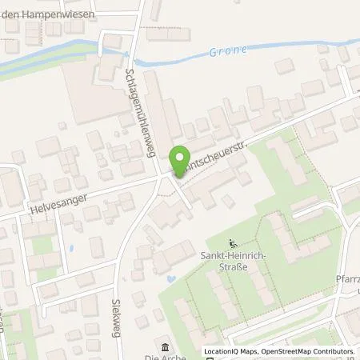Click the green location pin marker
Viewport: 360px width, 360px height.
point(181,158)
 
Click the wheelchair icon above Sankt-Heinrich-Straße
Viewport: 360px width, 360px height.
point(232,243)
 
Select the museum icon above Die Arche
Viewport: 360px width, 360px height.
point(165,347)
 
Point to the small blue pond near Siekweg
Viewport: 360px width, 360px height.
point(171,279)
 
